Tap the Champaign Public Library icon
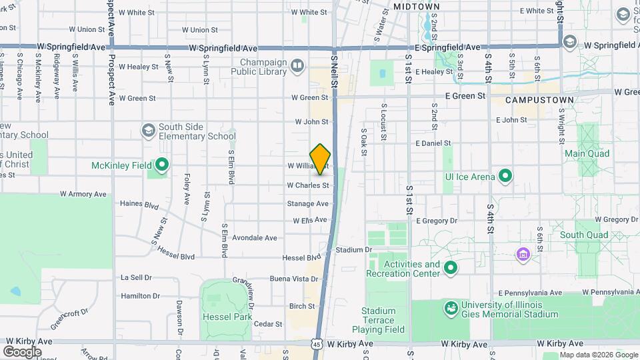point(297,65)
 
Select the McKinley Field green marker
point(161,165)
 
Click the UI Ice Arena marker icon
point(505,177)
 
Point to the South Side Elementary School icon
point(147,129)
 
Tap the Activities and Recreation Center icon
point(451,269)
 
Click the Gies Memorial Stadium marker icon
point(451,309)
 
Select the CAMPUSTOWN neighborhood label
point(539,100)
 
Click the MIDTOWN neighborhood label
point(417,7)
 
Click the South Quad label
point(583,235)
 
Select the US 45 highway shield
point(317,343)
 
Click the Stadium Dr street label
point(353,250)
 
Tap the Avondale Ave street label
point(255,237)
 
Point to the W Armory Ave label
point(83,194)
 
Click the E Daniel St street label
point(433,143)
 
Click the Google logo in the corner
point(22,351)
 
